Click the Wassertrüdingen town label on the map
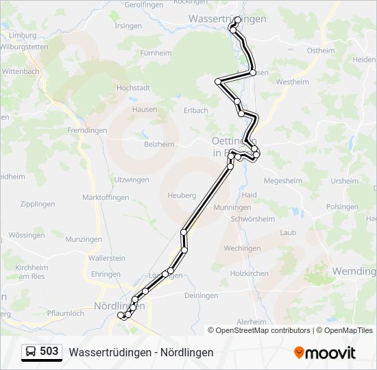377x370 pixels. coord(226,19)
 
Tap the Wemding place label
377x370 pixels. coord(354,271)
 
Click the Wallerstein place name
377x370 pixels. coord(107,258)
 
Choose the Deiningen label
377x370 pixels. coord(202,295)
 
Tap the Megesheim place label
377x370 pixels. coord(282,182)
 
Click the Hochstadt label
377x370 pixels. coord(133,88)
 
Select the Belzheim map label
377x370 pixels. coord(159,145)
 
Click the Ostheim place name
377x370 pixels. coord(321,51)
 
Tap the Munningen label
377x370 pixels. coord(232,207)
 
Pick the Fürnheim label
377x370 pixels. coord(155,53)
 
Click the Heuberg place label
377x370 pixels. coord(181,195)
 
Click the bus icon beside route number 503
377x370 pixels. coord(31,352)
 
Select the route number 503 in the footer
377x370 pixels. coord(49,351)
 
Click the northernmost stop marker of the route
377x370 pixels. coord(238,21)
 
